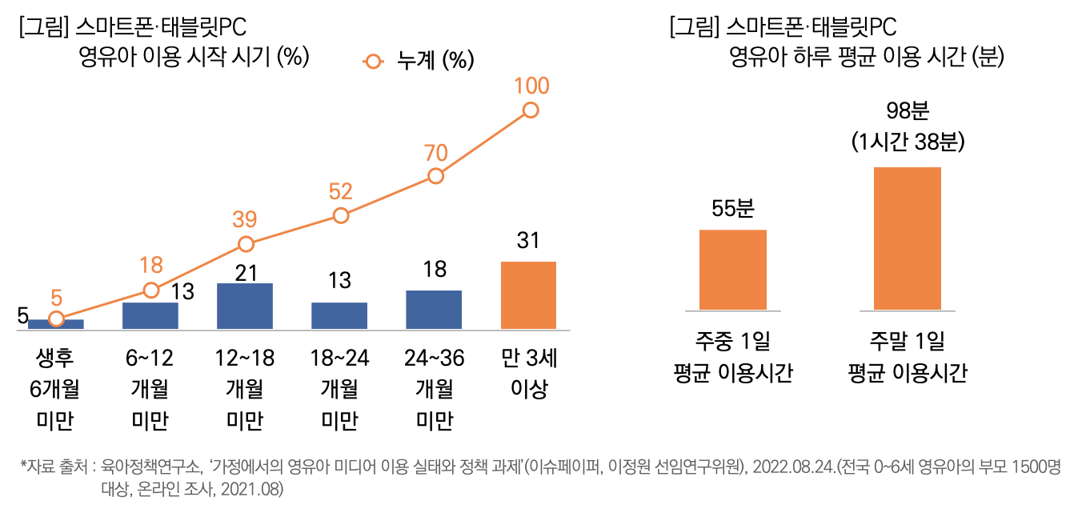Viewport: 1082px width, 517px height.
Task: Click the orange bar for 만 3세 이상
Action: tap(528, 295)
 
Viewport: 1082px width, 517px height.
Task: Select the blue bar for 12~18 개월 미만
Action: tap(245, 306)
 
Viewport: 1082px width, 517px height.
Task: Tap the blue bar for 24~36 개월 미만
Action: tap(434, 309)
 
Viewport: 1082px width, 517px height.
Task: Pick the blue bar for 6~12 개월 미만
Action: tap(150, 315)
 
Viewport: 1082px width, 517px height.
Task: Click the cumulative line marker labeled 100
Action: tap(530, 110)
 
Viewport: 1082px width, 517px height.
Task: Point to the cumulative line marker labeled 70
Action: tap(435, 176)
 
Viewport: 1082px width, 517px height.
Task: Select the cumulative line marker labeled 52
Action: tap(341, 215)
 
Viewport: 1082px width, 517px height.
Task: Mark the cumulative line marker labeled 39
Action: tap(246, 244)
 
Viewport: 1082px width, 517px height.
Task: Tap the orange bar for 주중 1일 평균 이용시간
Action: tap(733, 270)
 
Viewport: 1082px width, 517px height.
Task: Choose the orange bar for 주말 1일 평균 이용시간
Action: tap(908, 238)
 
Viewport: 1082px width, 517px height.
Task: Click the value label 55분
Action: tap(733, 209)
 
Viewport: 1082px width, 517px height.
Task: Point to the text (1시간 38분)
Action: tap(908, 142)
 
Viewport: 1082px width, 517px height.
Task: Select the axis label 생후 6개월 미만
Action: tap(55, 389)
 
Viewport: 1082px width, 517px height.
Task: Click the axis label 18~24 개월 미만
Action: tap(339, 389)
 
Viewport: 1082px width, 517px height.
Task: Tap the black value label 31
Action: tap(528, 240)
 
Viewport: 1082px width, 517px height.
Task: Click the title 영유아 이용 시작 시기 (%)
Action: tap(194, 58)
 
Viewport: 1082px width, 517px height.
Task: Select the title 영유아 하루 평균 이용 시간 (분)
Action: tap(866, 58)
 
